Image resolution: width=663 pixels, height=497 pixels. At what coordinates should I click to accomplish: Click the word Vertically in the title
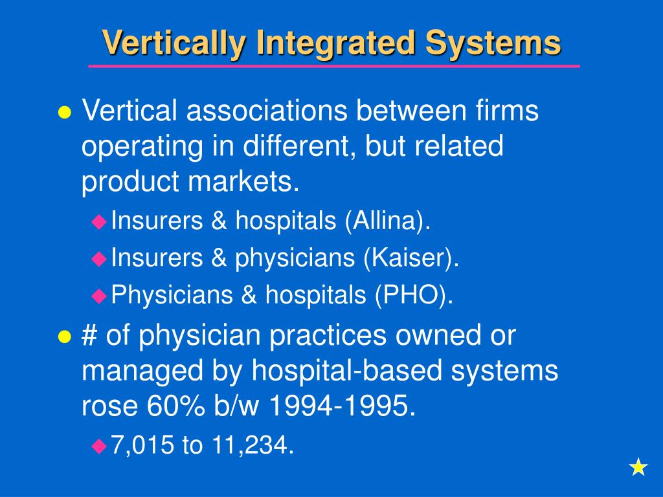[x=174, y=44]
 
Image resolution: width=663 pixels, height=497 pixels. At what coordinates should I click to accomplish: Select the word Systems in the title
[x=493, y=44]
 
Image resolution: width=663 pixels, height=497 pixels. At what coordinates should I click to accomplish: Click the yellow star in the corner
[x=638, y=467]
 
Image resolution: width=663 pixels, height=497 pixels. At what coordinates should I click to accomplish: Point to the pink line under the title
[x=334, y=66]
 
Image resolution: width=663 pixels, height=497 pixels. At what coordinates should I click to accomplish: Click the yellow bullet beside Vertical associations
[x=65, y=112]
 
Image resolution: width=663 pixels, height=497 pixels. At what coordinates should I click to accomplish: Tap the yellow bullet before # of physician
[x=65, y=337]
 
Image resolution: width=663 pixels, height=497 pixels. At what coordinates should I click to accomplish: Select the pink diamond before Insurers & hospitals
[x=98, y=222]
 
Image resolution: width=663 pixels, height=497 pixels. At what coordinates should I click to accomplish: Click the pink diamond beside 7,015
[x=98, y=445]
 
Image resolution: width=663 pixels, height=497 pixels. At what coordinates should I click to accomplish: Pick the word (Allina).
[x=388, y=222]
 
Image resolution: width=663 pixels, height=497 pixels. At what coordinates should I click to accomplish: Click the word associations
[x=265, y=111]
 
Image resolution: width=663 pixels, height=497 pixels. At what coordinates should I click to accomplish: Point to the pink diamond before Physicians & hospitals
[x=98, y=296]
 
